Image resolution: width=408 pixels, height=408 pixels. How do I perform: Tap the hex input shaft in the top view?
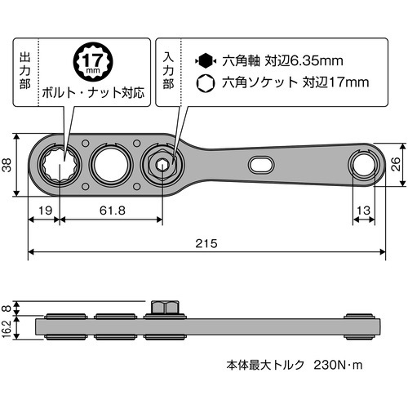click(163, 164)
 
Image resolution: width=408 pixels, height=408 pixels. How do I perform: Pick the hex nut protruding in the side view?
click(163, 308)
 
